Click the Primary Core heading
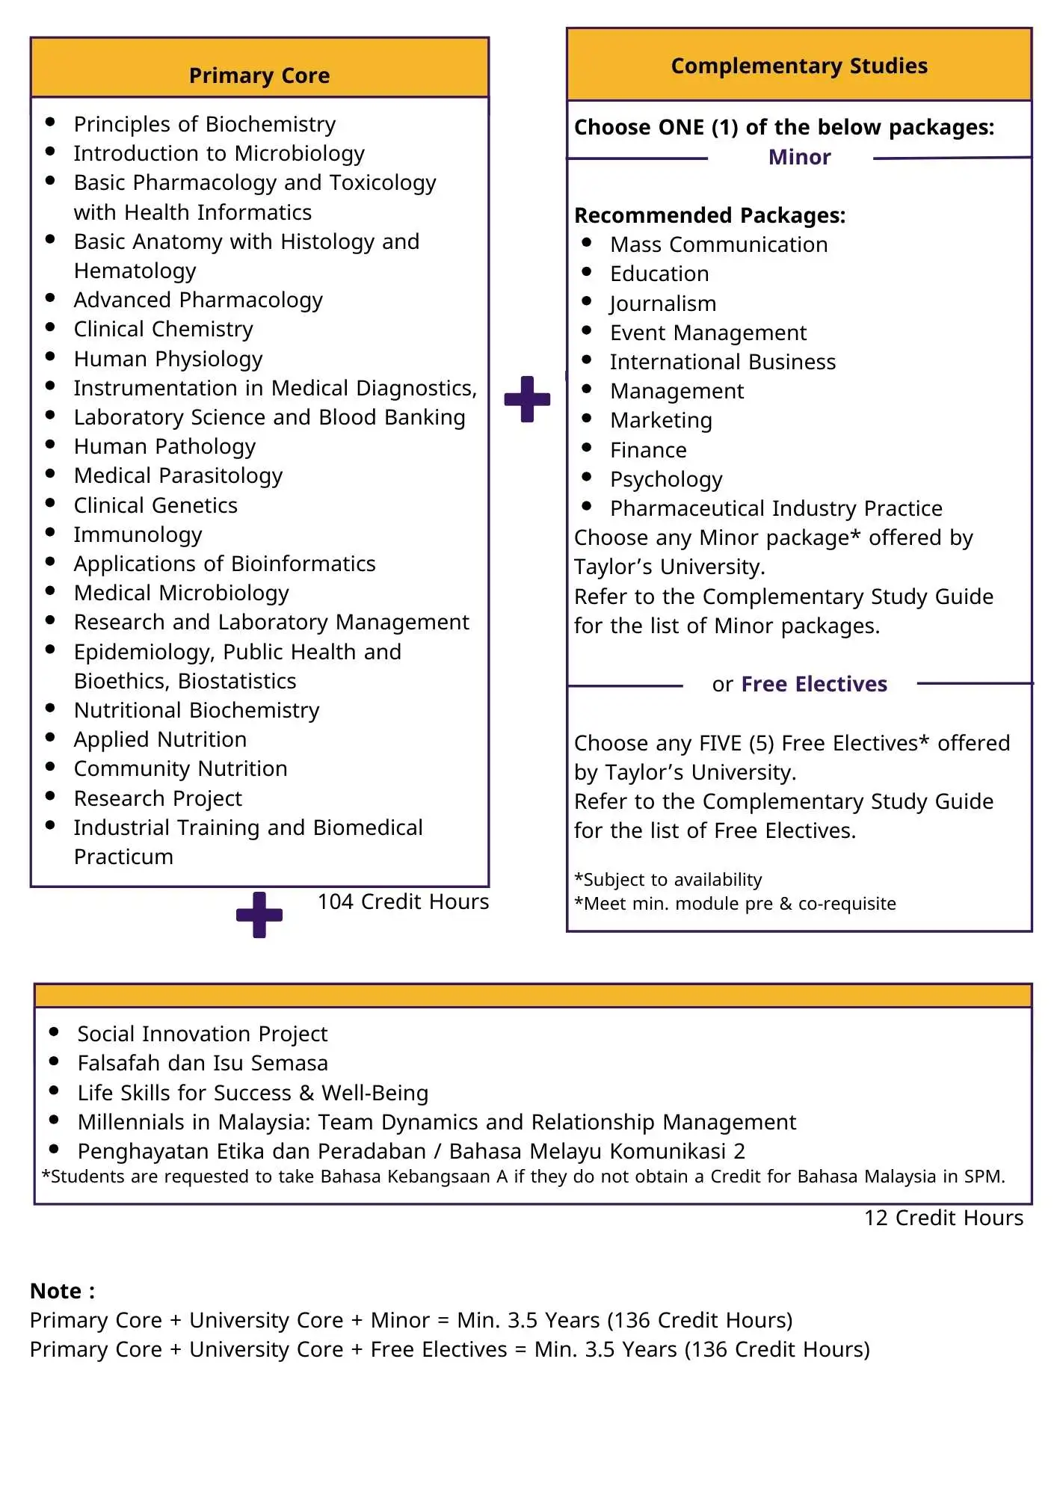(x=259, y=75)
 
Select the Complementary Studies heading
(x=798, y=66)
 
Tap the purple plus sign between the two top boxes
(x=527, y=399)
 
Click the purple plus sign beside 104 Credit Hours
(x=259, y=914)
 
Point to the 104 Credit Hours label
(x=403, y=901)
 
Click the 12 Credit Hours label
(x=943, y=1218)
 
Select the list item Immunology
(x=138, y=534)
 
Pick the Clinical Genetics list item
(x=155, y=505)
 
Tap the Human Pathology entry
(x=164, y=446)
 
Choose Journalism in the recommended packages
(x=663, y=303)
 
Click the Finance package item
(x=648, y=450)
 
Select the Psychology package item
(x=666, y=479)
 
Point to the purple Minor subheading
(x=799, y=157)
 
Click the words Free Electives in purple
(x=814, y=684)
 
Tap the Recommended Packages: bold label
(x=709, y=215)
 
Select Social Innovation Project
(x=202, y=1034)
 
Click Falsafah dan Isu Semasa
(x=203, y=1063)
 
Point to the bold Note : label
(x=62, y=1291)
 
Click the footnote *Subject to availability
(x=668, y=880)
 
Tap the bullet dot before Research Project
(x=50, y=796)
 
